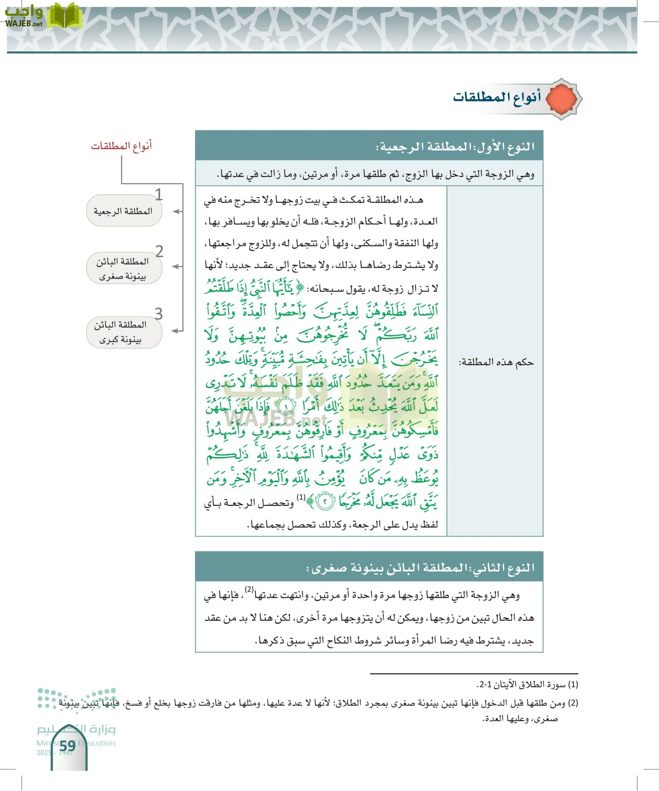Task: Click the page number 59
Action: [x=68, y=746]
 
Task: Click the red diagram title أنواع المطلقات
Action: [x=121, y=145]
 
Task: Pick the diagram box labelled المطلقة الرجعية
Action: [x=123, y=211]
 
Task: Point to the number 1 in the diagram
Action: [x=159, y=195]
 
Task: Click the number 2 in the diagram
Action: [x=159, y=251]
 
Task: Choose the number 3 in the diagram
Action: [x=159, y=314]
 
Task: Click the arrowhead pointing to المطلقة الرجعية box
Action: [x=175, y=211]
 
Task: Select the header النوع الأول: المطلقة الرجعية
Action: [x=455, y=146]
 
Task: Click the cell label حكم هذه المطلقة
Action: [x=496, y=362]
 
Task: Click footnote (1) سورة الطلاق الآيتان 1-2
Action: [x=527, y=684]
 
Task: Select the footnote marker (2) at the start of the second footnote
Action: [x=573, y=703]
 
